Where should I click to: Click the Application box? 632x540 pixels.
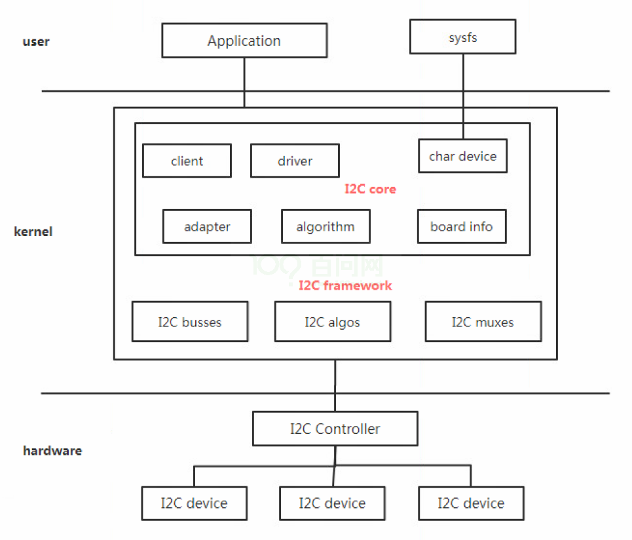click(244, 41)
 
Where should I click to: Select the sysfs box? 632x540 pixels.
click(462, 37)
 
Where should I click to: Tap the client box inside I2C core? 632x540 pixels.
click(187, 161)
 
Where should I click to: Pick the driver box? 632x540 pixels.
click(295, 161)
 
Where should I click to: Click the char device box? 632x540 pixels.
click(462, 156)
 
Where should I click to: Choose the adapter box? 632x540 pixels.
click(207, 227)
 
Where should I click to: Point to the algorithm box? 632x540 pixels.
click(325, 227)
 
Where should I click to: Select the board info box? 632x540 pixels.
click(462, 227)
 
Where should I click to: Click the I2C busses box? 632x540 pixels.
click(190, 322)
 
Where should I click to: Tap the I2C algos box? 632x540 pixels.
click(333, 322)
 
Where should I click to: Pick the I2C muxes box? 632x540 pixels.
click(483, 322)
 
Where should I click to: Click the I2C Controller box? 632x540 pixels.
click(335, 429)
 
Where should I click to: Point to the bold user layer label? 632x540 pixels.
click(36, 42)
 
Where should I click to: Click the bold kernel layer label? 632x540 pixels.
click(33, 231)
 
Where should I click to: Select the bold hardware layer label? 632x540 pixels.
click(52, 451)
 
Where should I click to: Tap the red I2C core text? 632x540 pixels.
click(370, 189)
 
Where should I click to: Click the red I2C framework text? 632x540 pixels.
click(345, 285)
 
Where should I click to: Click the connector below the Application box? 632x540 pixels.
click(244, 82)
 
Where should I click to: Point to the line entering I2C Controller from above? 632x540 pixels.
click(335, 387)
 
